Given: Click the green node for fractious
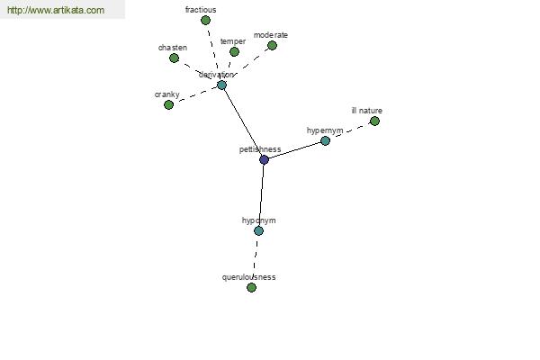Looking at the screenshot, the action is pos(205,21).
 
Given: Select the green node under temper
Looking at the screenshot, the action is pos(234,52).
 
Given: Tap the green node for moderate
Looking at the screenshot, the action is pos(272,46).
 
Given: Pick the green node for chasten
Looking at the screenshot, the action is pos(175,58).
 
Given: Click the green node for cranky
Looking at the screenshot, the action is pos(169,104).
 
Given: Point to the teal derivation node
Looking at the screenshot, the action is pos(221,85).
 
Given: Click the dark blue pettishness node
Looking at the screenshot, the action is pos(264,160).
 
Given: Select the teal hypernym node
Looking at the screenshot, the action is pos(325,141).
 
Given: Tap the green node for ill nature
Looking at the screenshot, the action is pos(374,121).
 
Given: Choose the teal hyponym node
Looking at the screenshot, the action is pos(258,230).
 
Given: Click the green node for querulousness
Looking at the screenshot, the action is pos(252,288).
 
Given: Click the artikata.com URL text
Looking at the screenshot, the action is pos(56,10).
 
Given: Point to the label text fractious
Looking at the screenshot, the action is pos(201,10).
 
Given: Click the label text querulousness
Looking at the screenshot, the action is pos(248,277).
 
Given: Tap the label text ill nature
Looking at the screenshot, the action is pos(367,111).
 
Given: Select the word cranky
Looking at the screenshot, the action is pos(167,94).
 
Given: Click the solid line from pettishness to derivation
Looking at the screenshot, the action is pos(243,122).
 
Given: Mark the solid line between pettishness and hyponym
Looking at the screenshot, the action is pos(261,195).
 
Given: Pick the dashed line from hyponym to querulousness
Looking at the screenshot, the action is pos(256,259).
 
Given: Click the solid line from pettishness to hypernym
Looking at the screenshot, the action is pos(294,150).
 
